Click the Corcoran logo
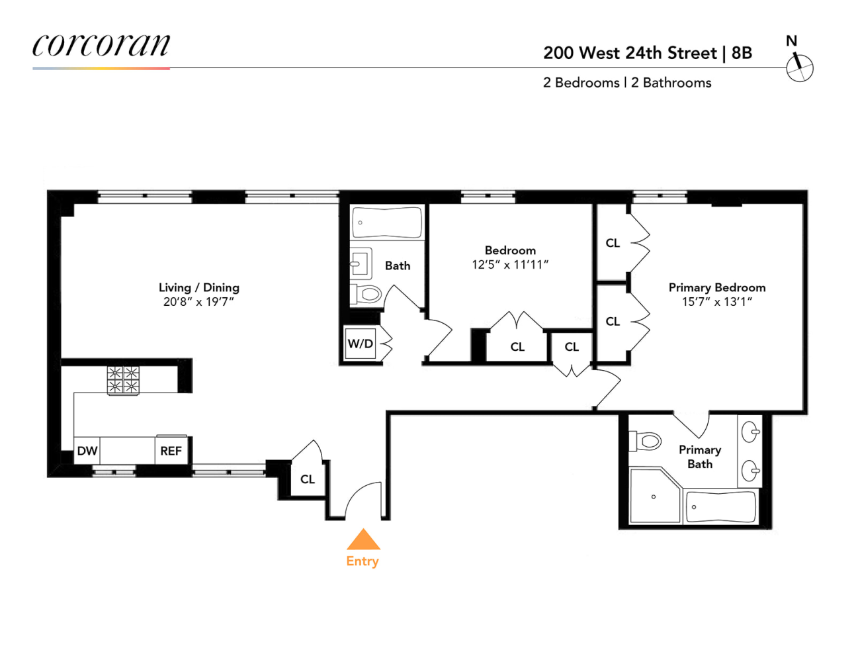point(101,46)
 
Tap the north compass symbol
point(799,68)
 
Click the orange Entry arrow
point(363,540)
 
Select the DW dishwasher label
point(87,451)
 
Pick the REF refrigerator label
point(171,451)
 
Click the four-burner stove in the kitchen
point(123,380)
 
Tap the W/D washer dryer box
point(361,344)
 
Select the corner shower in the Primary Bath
point(654,496)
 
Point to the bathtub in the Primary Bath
point(720,507)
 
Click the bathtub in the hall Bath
point(387,222)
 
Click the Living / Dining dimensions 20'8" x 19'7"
point(198,302)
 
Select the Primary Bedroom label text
point(717,287)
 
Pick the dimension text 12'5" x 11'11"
point(510,265)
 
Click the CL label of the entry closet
point(308,479)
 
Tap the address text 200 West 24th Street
point(630,53)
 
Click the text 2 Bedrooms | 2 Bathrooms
point(627,83)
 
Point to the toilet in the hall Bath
point(366,293)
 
